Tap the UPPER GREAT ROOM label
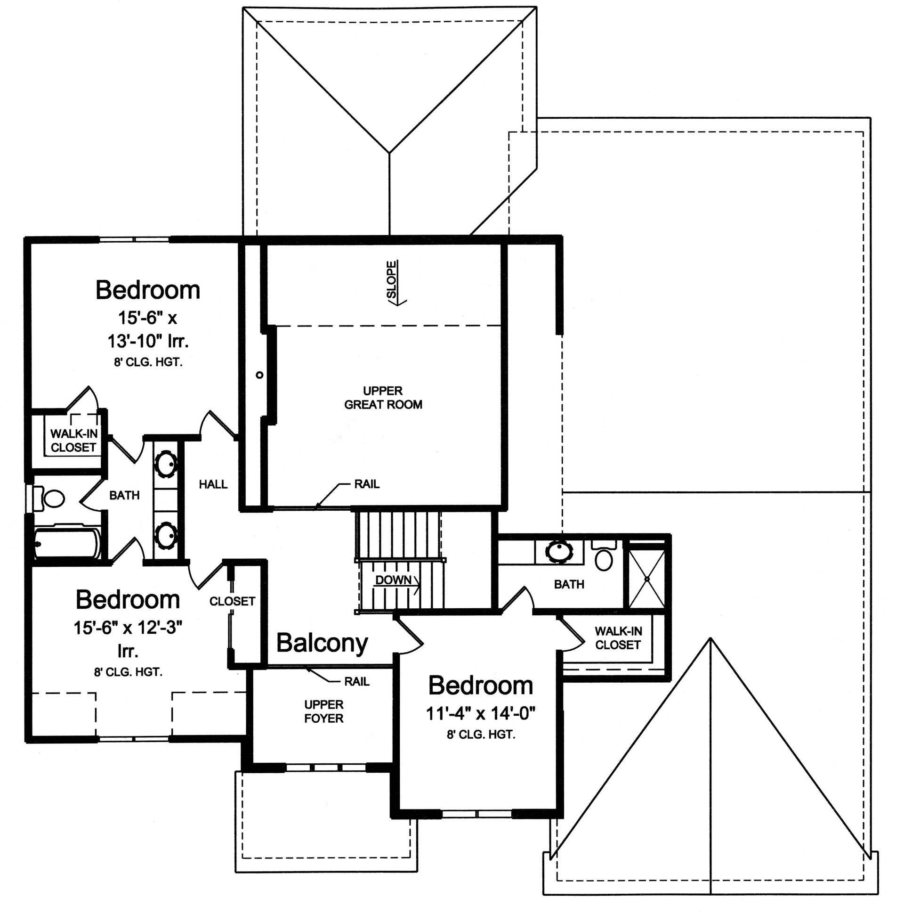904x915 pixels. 383,398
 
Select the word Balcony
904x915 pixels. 322,643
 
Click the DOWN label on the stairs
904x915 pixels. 393,580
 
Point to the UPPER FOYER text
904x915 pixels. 324,711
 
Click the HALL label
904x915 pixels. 213,484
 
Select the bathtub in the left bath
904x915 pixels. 67,543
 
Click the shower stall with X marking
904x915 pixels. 646,579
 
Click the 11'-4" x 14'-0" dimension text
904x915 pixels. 480,713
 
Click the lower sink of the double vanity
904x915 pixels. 166,536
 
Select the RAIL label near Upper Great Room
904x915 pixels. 367,484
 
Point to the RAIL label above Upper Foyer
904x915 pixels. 356,681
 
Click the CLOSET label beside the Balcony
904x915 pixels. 232,601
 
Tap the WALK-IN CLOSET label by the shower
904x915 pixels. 618,638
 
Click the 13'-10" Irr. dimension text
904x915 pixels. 148,341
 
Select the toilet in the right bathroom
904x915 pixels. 604,558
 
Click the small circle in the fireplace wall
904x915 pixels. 259,375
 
